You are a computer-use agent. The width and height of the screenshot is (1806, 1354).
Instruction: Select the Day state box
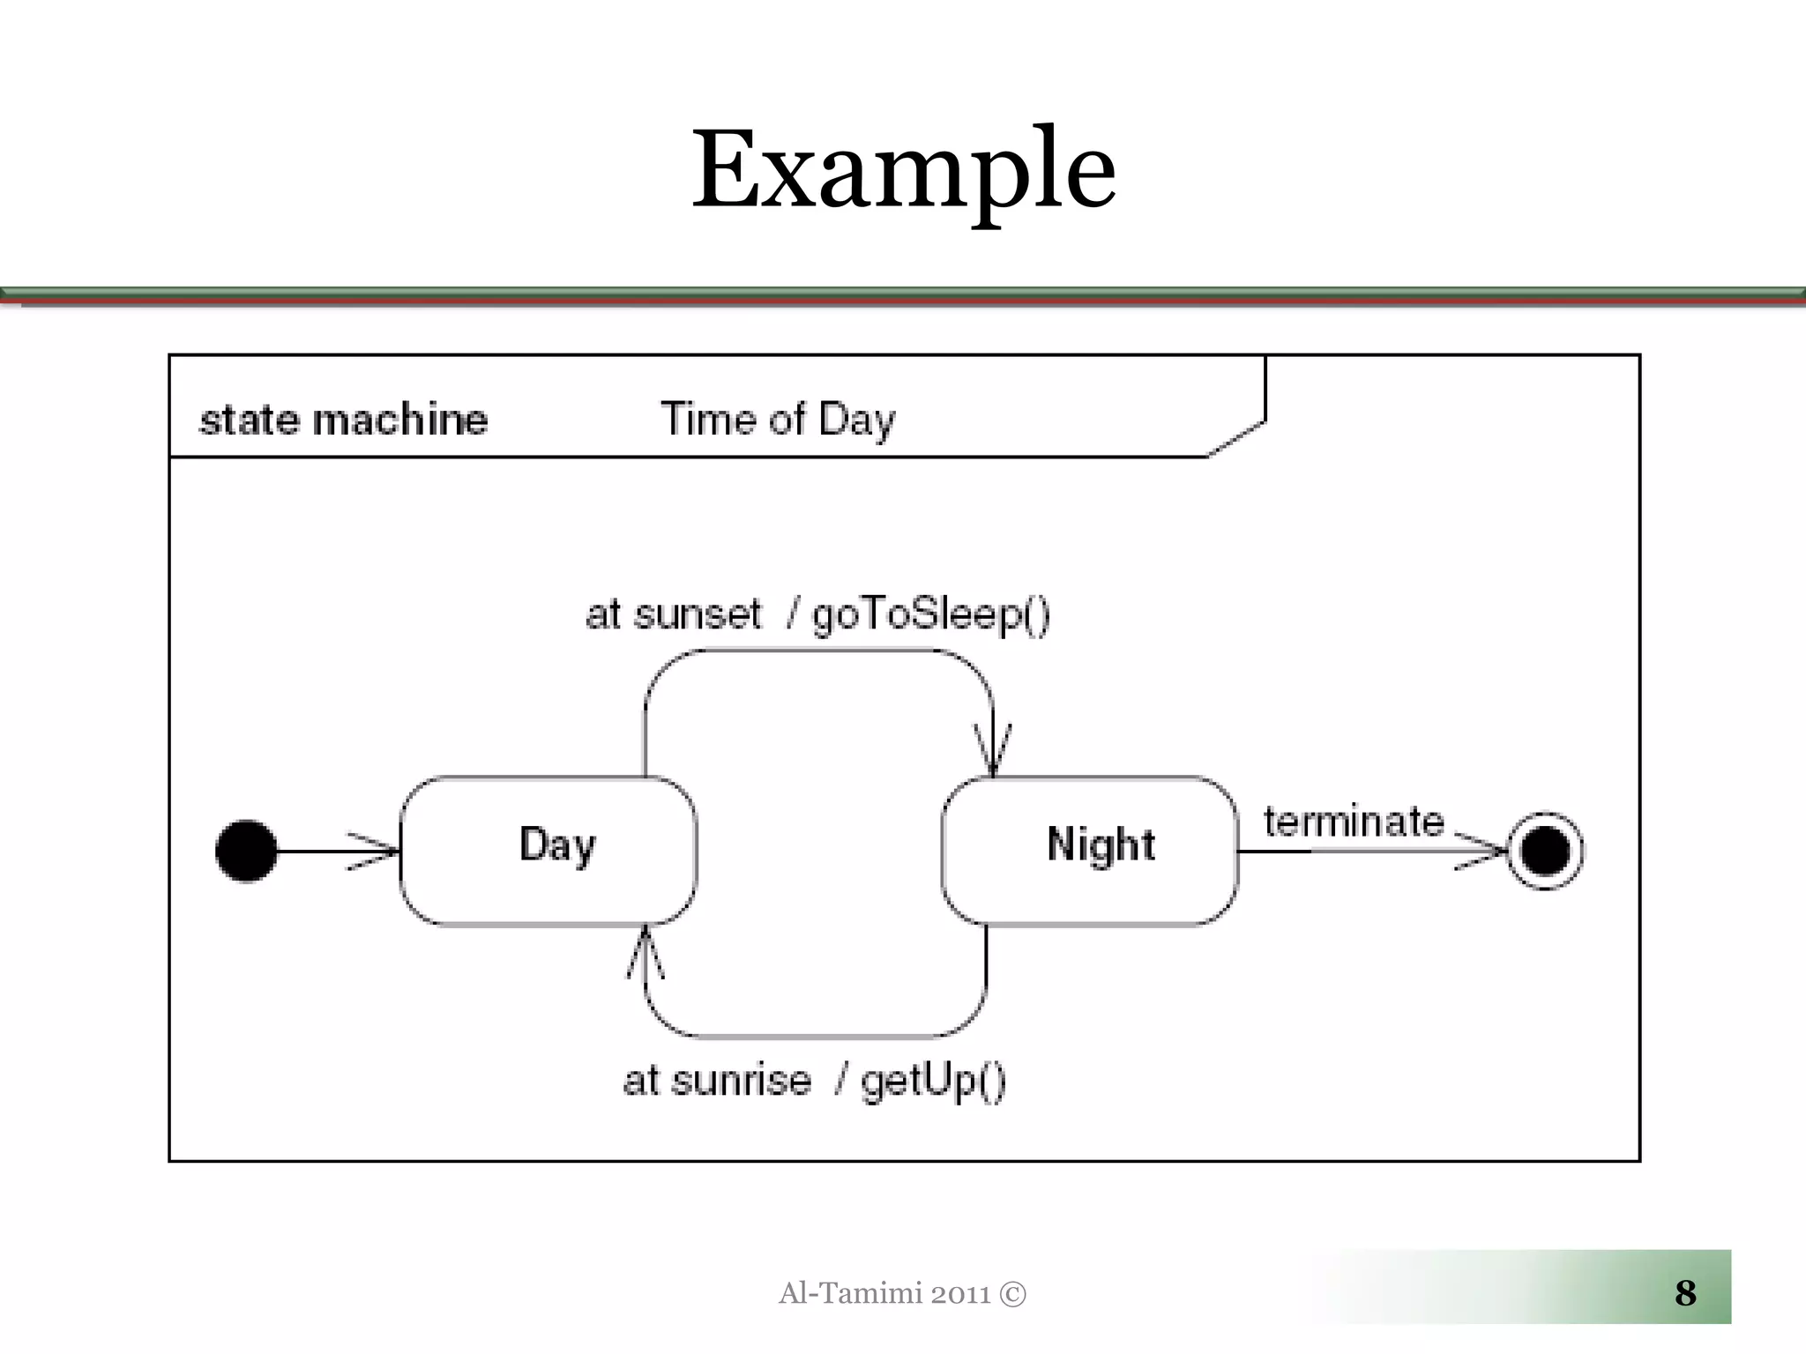[549, 851]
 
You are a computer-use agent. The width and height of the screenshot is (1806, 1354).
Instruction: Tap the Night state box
[1090, 851]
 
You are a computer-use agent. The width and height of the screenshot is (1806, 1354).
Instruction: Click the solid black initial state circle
[246, 851]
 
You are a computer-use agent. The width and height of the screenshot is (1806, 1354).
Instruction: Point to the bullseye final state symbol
[1545, 851]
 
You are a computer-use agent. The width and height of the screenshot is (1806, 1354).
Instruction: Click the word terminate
[1354, 822]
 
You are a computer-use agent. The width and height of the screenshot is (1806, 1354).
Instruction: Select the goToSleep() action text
[931, 614]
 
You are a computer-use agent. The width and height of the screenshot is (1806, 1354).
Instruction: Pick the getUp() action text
[933, 1081]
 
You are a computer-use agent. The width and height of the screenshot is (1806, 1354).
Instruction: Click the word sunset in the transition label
[697, 614]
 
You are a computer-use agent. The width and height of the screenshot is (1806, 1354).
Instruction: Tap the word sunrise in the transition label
[741, 1081]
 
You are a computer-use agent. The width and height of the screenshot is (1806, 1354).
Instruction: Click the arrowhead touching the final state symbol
[1483, 851]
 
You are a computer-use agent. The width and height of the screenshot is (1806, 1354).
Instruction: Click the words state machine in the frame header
[343, 420]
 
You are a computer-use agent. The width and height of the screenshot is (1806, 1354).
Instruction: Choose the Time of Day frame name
[778, 420]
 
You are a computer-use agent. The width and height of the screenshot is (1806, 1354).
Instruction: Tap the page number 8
[1685, 1293]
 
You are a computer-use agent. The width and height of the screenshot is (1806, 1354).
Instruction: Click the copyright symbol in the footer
[1013, 1294]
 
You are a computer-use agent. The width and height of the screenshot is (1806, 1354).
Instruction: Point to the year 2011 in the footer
[960, 1294]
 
